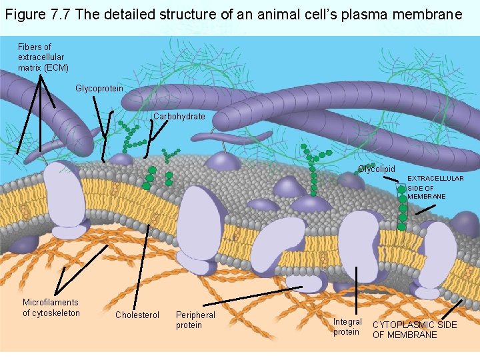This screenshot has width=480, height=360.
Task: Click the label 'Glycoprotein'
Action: pos(99,88)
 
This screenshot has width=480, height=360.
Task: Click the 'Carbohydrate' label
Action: pos(179,116)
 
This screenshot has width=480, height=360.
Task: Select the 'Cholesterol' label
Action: pos(137,315)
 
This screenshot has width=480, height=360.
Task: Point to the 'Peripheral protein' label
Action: pos(195,319)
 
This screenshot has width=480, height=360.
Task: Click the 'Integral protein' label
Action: pos(347,327)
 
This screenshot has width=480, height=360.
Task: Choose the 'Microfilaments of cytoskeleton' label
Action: pos(51,307)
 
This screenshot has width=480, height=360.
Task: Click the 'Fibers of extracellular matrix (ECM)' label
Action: pos(43,57)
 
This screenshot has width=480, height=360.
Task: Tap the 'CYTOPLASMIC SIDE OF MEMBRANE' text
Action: pos(414,329)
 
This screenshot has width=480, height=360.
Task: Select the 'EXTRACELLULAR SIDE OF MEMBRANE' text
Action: pos(435,187)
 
